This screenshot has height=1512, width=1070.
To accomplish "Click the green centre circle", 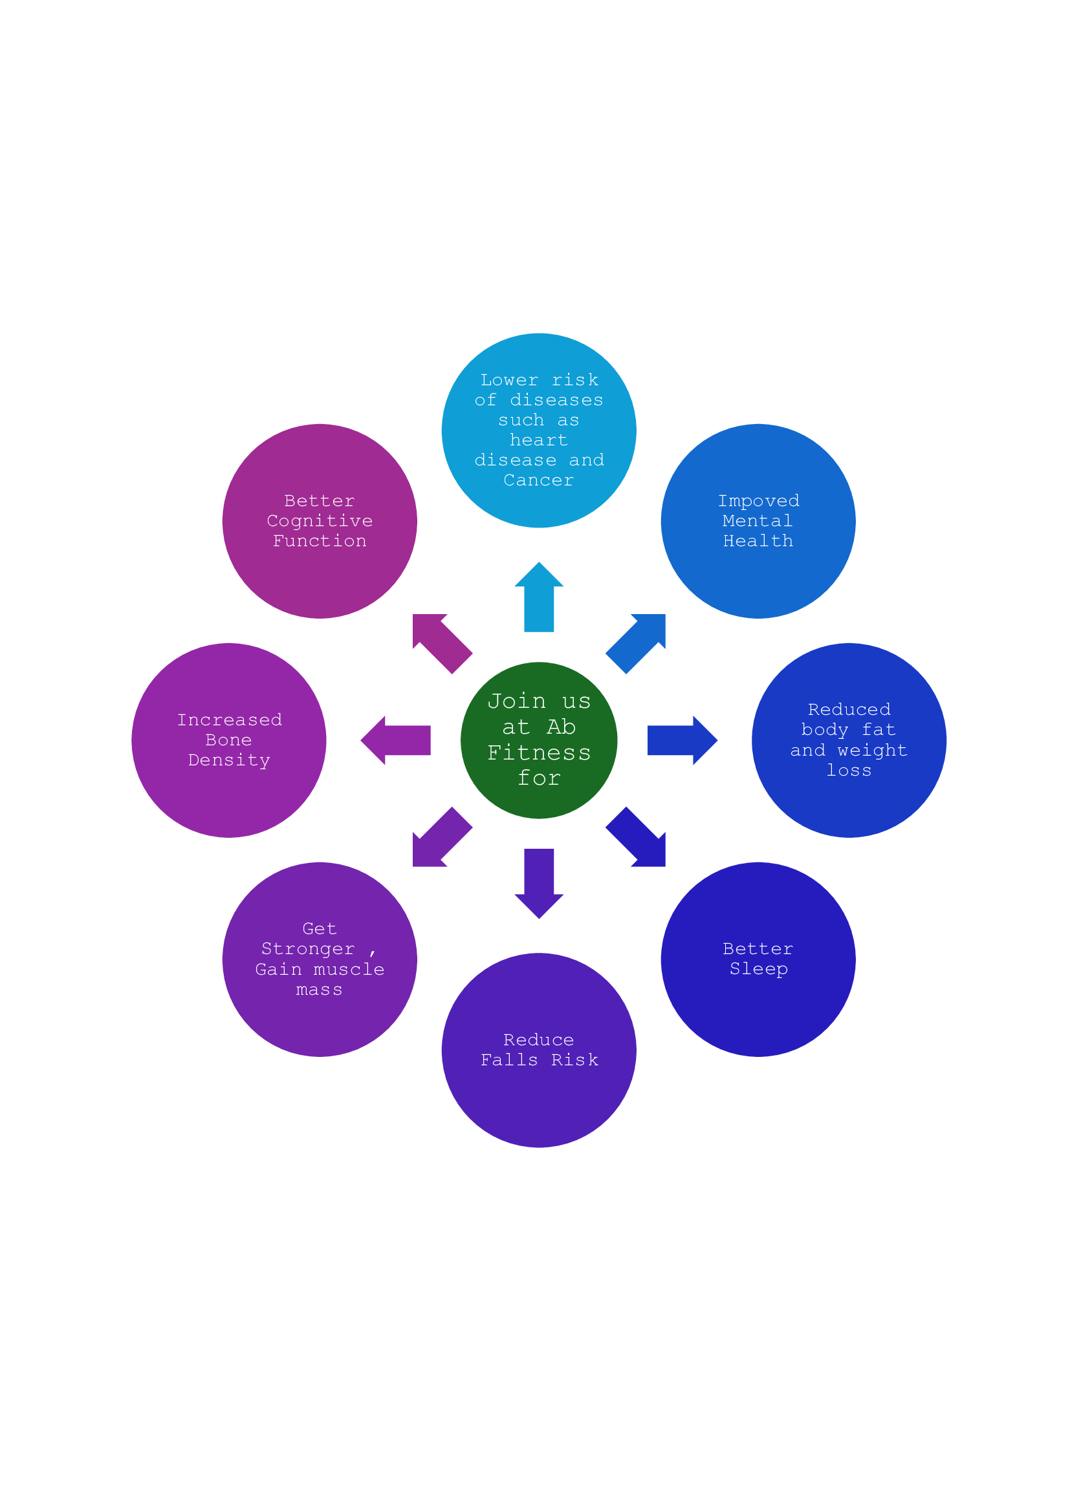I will (x=538, y=740).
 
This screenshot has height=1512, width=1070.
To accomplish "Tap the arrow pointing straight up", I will (x=538, y=599).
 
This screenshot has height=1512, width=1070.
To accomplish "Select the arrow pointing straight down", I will (x=538, y=881).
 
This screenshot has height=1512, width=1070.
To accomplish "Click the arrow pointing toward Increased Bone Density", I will (x=397, y=740).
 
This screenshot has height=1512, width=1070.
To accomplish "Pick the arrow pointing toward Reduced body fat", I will (x=680, y=740).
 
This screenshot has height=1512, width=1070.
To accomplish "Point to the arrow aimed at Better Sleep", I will (x=638, y=838).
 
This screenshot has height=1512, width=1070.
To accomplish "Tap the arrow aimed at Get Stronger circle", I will (x=439, y=838).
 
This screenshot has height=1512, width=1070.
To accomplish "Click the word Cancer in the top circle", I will (x=538, y=480).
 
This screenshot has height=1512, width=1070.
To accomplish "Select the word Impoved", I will (x=758, y=501).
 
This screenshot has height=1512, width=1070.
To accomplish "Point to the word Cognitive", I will (x=320, y=521).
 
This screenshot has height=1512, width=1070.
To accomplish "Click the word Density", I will (x=228, y=760).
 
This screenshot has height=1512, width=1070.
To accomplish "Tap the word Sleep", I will (x=758, y=969).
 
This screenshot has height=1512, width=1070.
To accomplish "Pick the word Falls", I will (x=508, y=1059).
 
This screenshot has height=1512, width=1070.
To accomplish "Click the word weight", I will (x=872, y=750).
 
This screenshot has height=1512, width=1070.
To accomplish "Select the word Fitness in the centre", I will (x=538, y=752).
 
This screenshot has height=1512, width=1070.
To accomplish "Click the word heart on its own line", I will (x=538, y=440).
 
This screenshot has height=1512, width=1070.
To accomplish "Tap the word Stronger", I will (x=308, y=949).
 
